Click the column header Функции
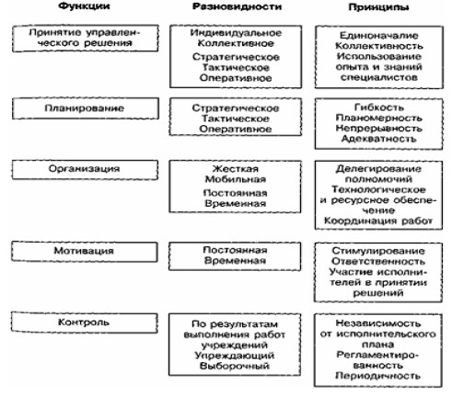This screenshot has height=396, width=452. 84,6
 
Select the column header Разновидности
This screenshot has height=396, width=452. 237,6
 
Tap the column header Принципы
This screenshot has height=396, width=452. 378,7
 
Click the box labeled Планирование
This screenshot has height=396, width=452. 86,108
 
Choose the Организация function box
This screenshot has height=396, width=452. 85,169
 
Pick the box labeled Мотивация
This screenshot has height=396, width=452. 85,252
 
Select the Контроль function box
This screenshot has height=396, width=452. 84,322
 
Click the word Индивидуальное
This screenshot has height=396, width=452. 236,33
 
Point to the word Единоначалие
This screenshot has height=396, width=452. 379,36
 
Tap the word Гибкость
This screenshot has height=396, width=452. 379,107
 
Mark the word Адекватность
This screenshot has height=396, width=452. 379,139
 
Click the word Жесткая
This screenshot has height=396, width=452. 236,169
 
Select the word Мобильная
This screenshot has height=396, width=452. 236,179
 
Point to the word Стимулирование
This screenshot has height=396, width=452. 378,251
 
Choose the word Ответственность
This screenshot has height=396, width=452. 378,261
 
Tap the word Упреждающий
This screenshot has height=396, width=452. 235,356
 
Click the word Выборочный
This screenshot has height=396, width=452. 235,366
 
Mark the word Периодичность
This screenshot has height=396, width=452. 377,376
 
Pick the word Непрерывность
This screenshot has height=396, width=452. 379,129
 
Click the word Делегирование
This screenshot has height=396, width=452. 378,169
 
